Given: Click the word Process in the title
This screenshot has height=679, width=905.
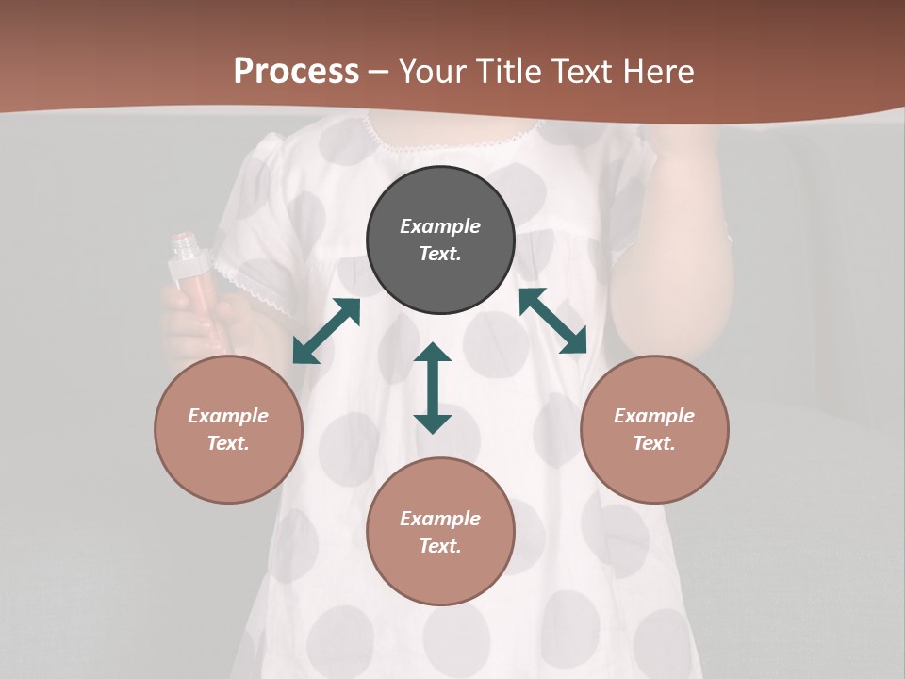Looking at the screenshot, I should [296, 72].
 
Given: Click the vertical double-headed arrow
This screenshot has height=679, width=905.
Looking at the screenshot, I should [433, 388].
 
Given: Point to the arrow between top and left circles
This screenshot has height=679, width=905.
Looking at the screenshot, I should [326, 331].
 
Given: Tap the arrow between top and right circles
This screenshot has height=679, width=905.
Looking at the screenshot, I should [552, 321].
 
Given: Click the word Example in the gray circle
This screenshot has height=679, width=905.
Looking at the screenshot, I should [440, 226].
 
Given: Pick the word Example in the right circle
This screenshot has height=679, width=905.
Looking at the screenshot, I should [654, 416].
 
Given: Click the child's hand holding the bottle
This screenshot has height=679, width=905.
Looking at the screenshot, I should [193, 325].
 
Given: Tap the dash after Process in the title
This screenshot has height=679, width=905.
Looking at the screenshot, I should [379, 72].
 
